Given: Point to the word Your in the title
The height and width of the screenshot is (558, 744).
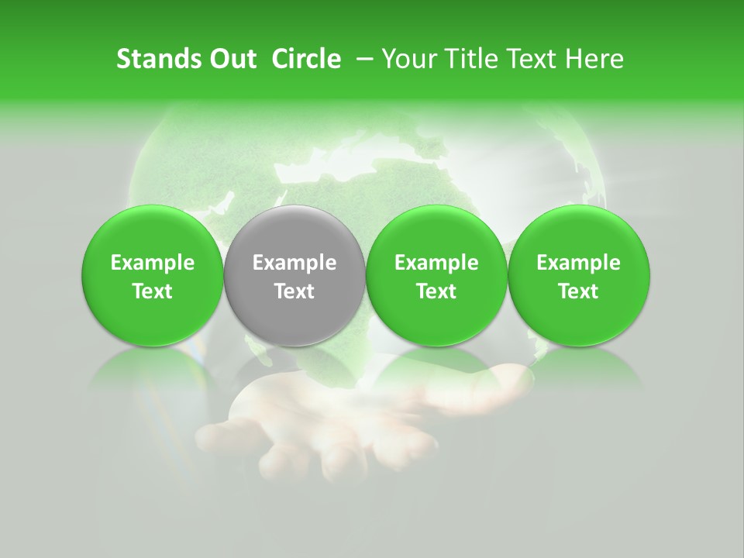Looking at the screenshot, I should pos(408,59).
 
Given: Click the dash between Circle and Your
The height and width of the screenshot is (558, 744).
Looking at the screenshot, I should pos(360,59).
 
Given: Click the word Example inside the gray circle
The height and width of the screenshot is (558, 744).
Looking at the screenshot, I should pos(294,263).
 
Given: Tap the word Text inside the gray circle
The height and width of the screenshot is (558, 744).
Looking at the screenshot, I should pos(294,291).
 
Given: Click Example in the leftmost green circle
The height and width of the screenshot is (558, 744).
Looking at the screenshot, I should pos(153,263).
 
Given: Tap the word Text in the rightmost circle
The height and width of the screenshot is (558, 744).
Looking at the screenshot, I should pos(579,291).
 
